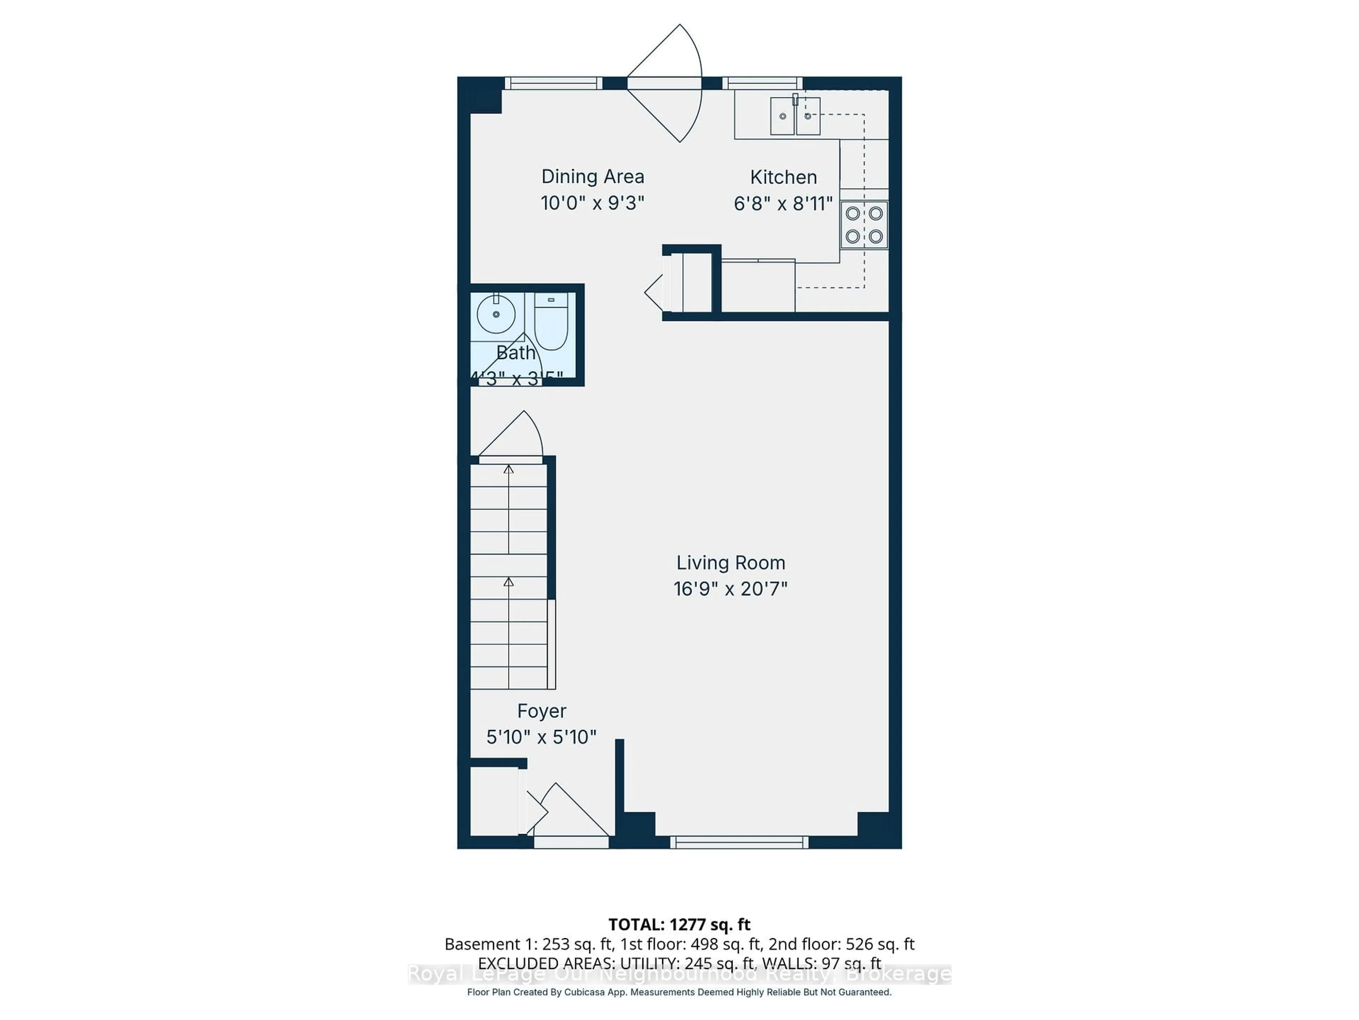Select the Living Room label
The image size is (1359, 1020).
(730, 562)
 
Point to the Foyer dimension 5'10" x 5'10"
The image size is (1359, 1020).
(541, 737)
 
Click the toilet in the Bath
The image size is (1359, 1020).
(550, 322)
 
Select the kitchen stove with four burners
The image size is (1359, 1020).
(864, 225)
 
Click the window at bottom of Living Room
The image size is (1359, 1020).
(739, 842)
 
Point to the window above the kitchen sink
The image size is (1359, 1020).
(762, 83)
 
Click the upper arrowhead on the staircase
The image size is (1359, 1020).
(509, 470)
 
